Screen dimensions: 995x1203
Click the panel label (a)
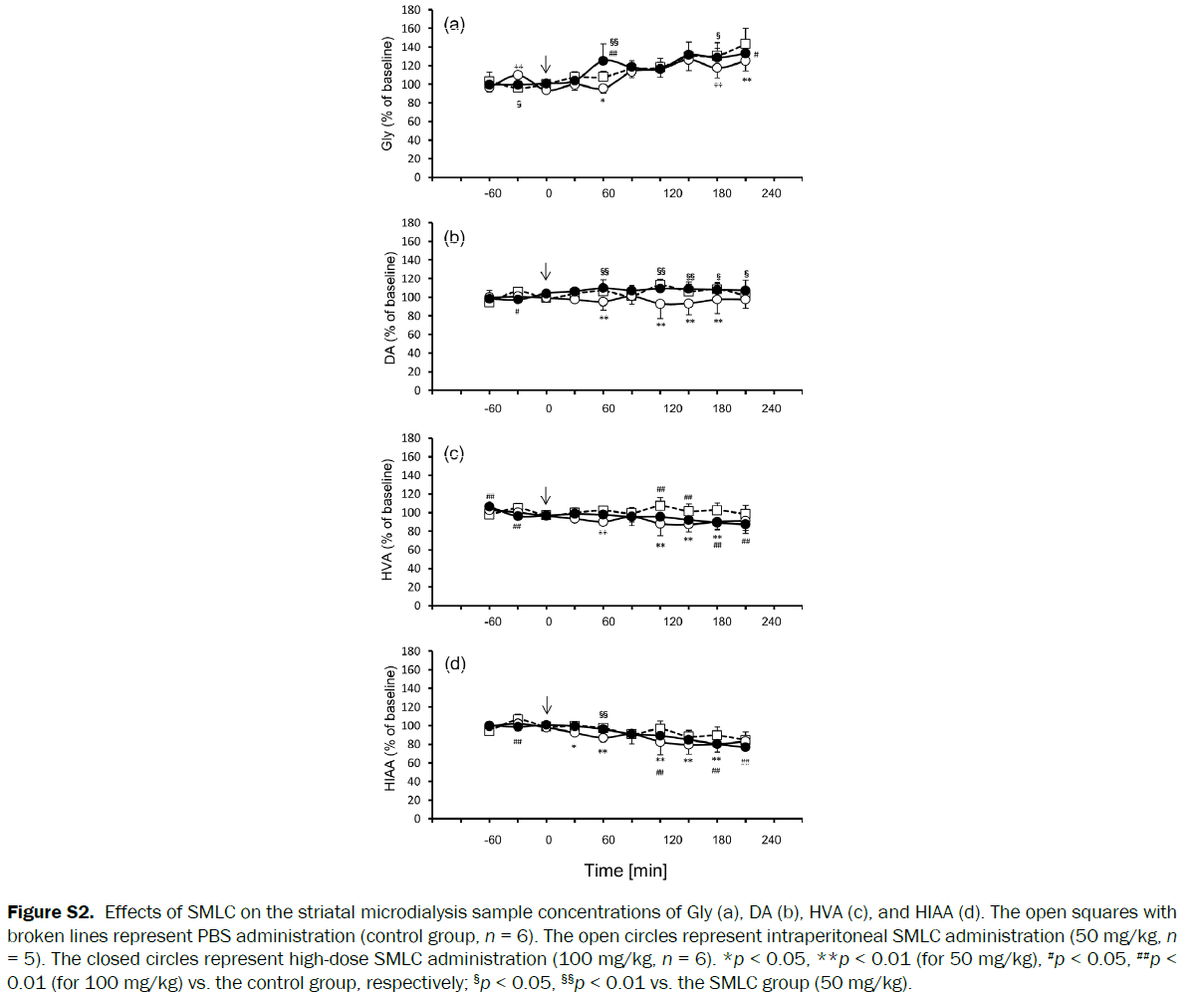(454, 25)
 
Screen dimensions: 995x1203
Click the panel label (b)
(454, 237)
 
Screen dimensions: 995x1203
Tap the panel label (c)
(454, 453)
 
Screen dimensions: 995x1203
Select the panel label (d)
(454, 663)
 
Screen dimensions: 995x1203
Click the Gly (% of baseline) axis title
(387, 94)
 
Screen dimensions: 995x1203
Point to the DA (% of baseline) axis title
(389, 307)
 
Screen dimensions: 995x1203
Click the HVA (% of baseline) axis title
(387, 521)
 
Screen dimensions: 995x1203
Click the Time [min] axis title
(625, 871)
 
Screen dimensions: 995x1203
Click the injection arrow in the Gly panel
(546, 65)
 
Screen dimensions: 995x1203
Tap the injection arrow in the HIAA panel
(546, 705)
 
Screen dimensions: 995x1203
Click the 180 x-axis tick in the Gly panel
(722, 193)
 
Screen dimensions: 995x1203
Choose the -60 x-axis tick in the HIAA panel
(492, 840)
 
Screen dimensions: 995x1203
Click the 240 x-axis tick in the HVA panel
(772, 622)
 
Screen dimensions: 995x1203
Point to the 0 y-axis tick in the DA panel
(418, 390)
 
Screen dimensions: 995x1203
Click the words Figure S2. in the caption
(51, 912)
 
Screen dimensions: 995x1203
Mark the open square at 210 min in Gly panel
(745, 45)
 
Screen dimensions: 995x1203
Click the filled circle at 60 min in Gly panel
(602, 61)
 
